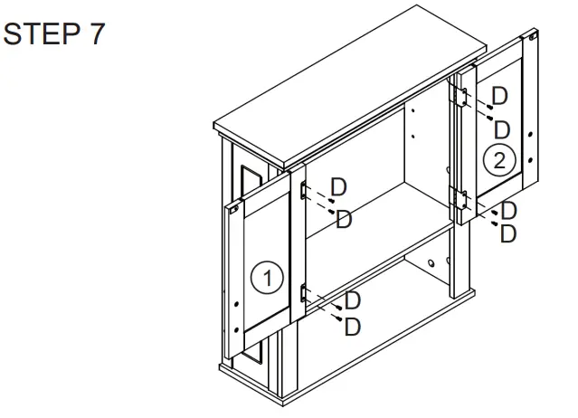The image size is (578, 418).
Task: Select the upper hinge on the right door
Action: tap(461, 96)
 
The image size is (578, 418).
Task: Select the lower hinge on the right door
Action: tap(460, 197)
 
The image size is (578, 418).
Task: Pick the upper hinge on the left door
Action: tap(305, 190)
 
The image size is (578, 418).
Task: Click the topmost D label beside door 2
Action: tap(498, 95)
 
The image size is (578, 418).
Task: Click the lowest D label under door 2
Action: tap(508, 233)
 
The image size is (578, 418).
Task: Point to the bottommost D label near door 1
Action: tap(353, 323)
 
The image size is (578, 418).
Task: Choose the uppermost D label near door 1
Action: tap(338, 186)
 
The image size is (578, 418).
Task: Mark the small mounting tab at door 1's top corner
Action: tap(234, 209)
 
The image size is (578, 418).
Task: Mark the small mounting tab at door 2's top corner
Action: tap(533, 38)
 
